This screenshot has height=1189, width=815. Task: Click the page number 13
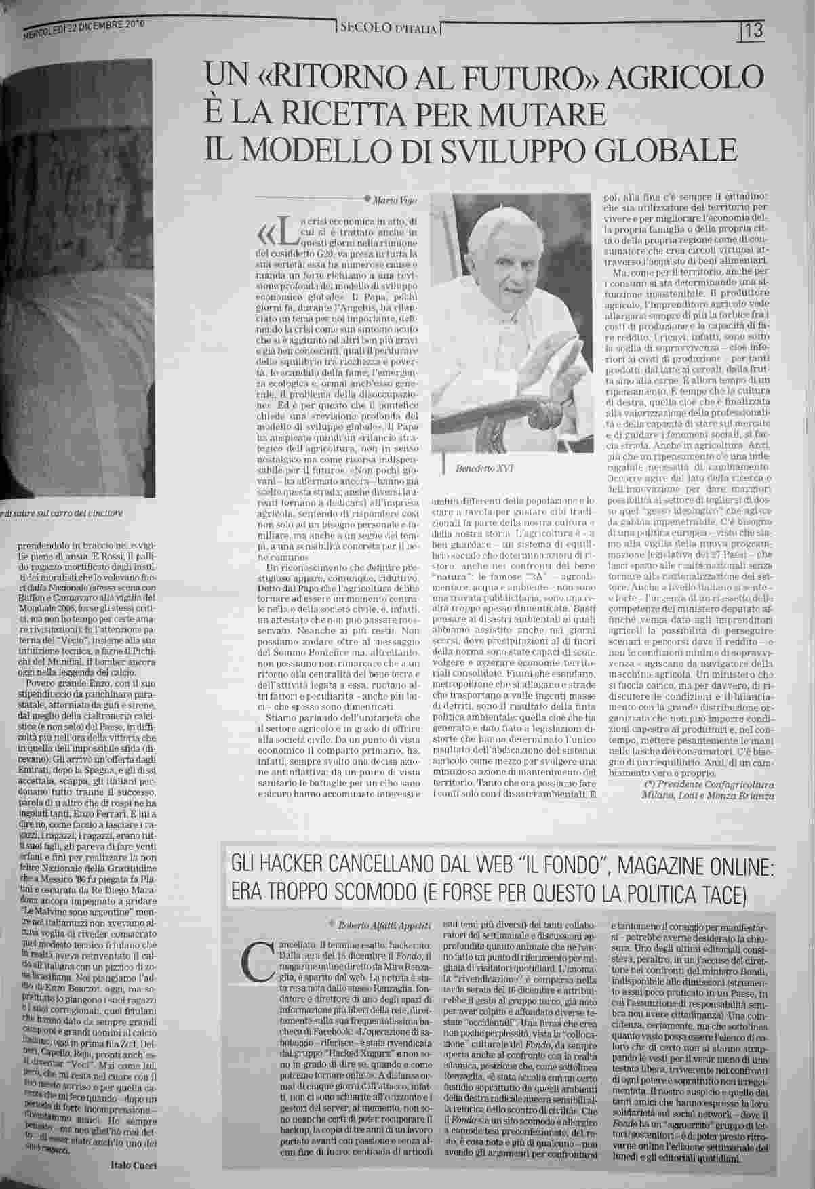point(754,31)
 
